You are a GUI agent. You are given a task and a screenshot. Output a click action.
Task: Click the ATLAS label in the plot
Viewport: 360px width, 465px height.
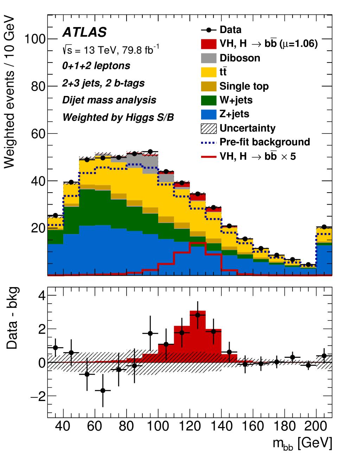[x=84, y=32]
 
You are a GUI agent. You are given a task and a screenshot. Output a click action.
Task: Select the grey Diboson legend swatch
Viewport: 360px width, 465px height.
[x=208, y=58]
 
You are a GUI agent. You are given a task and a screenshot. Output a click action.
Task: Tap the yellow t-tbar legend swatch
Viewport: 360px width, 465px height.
[x=208, y=72]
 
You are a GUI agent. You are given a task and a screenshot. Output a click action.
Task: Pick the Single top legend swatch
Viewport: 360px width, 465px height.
[x=208, y=86]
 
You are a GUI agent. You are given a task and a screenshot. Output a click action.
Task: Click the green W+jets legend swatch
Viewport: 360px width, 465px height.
[x=208, y=100]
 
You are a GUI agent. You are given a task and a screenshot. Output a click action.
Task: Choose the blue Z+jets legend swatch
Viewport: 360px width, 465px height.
[x=208, y=114]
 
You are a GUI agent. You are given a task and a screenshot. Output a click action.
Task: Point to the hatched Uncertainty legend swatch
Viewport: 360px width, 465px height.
[x=208, y=128]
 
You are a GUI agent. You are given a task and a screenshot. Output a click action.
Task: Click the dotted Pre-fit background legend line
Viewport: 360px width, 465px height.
[x=208, y=142]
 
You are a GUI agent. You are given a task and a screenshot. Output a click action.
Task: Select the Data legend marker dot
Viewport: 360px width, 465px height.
[x=208, y=30]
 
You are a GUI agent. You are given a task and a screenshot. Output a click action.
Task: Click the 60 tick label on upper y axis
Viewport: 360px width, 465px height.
[x=38, y=134]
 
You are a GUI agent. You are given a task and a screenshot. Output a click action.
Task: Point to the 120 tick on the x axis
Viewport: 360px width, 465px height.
[x=190, y=426]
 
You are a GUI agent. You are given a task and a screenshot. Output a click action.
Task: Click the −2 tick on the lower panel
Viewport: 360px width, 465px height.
[x=37, y=396]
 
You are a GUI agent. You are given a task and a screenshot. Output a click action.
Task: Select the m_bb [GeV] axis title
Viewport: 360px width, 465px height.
[x=302, y=444]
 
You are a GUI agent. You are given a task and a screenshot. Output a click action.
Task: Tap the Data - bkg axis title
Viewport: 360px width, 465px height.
[x=12, y=318]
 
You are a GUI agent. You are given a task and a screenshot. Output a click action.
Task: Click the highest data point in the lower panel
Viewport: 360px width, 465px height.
[x=198, y=315]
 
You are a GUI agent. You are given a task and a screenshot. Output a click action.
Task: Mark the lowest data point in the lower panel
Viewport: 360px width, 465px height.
[x=103, y=390]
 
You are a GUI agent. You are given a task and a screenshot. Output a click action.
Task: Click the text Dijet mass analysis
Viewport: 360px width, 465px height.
[x=109, y=100]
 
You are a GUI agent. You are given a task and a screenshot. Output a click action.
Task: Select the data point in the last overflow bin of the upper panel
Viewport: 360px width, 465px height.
[x=324, y=227]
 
